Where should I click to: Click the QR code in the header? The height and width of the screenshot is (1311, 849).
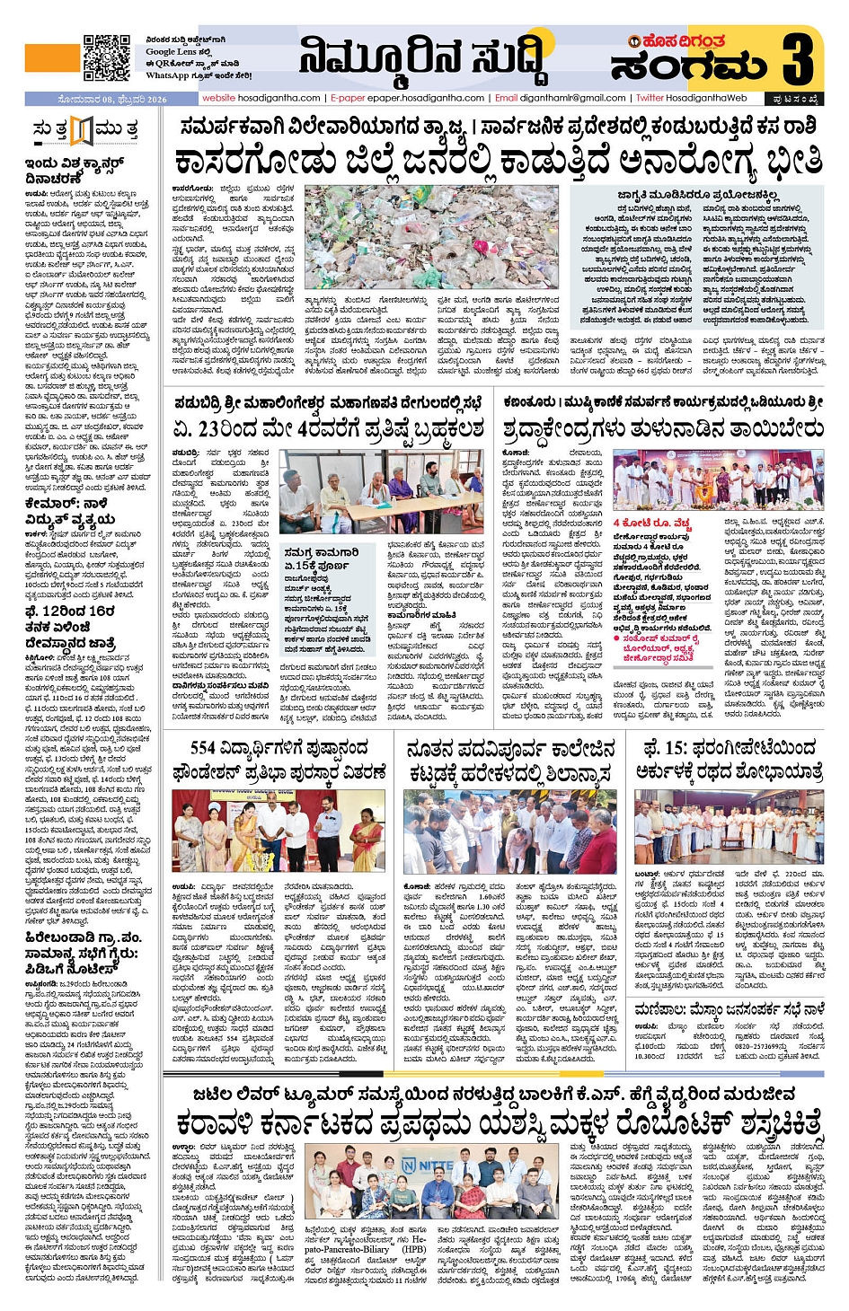(106, 58)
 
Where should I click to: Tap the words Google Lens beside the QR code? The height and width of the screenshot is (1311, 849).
(172, 52)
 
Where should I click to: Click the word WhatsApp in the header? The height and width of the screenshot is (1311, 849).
(167, 75)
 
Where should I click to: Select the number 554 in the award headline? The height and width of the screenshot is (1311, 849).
(204, 748)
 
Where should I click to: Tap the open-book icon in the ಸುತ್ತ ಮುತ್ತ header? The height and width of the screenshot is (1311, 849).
(82, 131)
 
